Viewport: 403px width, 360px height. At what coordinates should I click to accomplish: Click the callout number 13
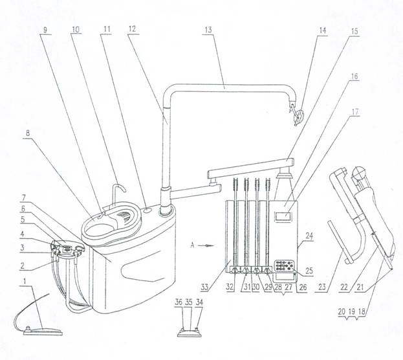(208, 30)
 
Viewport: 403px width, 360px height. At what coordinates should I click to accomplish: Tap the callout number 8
(28, 133)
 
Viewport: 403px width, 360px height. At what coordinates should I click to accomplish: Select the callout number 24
(309, 236)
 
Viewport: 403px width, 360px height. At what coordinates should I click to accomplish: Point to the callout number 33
(204, 287)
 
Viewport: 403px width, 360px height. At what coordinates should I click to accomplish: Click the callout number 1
(25, 281)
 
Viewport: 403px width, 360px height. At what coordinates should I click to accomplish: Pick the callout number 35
(189, 302)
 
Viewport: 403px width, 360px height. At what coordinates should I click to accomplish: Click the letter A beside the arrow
(192, 245)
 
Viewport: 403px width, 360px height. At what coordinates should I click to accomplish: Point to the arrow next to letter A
(206, 246)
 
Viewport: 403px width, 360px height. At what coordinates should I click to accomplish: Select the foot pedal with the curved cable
(43, 330)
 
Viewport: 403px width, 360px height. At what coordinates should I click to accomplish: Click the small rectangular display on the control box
(284, 216)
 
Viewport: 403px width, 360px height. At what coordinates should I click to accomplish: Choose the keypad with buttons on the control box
(285, 265)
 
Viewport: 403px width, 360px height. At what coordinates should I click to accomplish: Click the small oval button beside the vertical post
(147, 210)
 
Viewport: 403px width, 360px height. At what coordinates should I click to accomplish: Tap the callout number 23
(322, 287)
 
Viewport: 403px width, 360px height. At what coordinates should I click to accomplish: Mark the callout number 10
(76, 29)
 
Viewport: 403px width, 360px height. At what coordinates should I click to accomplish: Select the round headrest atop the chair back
(359, 174)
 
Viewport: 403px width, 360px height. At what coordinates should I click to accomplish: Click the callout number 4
(23, 234)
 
